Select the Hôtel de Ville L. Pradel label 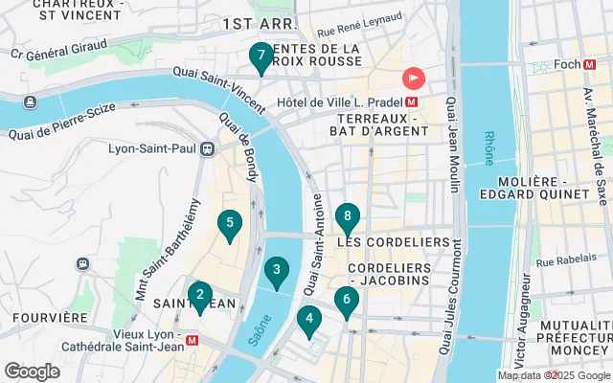350,101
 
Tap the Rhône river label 488,148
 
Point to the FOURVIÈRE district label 41,317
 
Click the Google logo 32,371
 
